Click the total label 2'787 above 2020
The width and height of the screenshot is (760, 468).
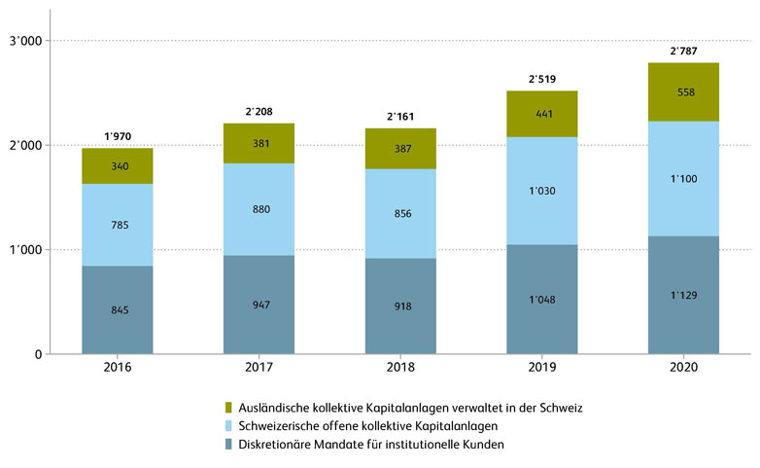click(683, 51)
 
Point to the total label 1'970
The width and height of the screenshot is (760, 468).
click(117, 136)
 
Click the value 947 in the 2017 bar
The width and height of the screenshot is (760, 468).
click(259, 305)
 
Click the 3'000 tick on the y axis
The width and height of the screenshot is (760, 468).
click(23, 41)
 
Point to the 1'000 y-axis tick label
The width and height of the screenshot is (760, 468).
click(23, 250)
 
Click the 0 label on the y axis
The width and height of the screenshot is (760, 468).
click(38, 354)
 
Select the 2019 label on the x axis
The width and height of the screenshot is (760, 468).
click(542, 371)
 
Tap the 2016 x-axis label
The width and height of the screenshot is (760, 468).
click(117, 371)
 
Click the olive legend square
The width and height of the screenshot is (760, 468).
click(229, 408)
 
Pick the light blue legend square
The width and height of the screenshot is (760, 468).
click(229, 426)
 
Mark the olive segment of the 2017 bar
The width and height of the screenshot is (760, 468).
click(259, 143)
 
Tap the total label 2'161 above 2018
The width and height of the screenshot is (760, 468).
click(402, 116)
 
